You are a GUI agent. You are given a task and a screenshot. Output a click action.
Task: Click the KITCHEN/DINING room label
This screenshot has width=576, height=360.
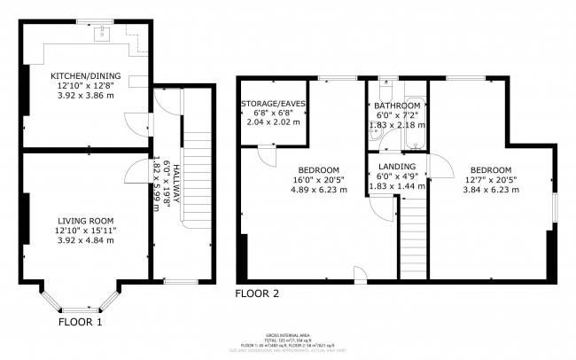[x=86, y=76]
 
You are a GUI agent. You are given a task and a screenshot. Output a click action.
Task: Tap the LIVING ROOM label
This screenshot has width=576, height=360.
[x=86, y=220]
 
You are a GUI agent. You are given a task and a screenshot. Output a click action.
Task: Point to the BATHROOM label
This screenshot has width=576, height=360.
[x=397, y=105]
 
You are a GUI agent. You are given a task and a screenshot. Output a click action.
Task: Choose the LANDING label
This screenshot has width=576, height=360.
[x=396, y=166]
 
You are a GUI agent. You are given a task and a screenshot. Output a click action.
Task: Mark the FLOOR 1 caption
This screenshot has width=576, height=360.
[x=80, y=323]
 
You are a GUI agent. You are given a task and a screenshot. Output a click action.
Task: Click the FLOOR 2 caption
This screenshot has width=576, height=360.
[x=258, y=293]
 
